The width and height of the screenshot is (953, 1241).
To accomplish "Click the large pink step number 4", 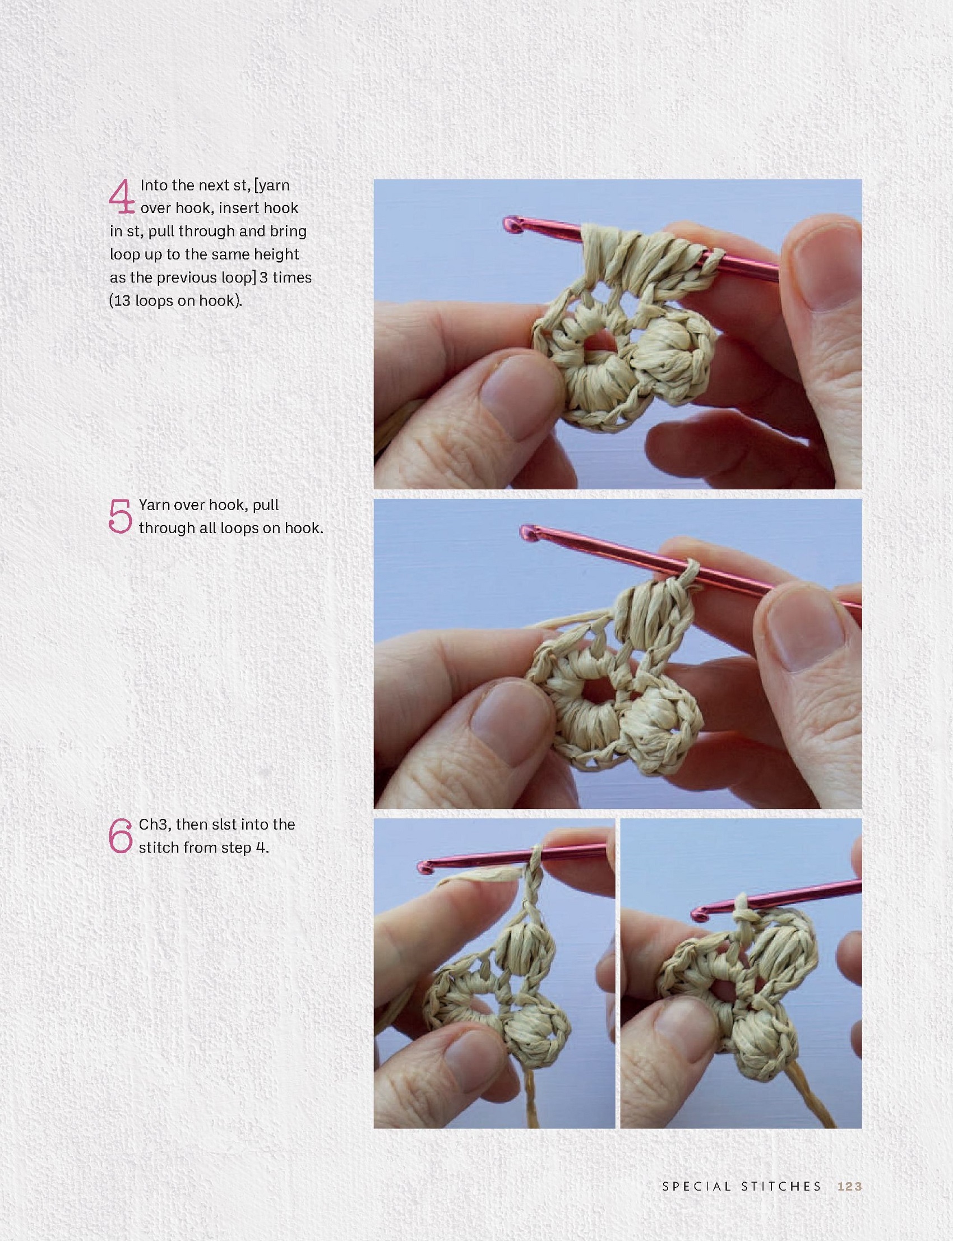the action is pos(122,197).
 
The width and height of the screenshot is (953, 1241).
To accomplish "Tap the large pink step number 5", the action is pos(121,516).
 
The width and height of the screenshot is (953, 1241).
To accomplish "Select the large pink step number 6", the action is pos(121,836).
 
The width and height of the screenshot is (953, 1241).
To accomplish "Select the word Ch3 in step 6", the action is pos(153,825).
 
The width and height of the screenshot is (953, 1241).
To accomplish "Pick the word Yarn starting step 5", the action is pos(154,506).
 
